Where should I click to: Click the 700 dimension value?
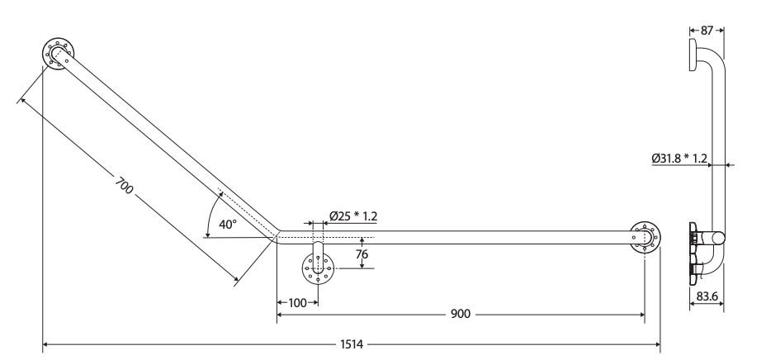coord(124,185)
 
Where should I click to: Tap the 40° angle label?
coord(228,225)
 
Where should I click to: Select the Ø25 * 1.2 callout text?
coord(353,216)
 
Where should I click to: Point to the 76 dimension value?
coord(362,254)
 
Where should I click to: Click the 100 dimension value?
coord(297,303)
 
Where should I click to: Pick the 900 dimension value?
coord(461,314)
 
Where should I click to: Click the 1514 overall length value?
coord(352,344)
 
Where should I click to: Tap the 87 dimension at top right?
coord(707,31)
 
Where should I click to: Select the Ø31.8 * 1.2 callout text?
coord(679,159)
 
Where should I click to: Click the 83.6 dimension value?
coord(707,296)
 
